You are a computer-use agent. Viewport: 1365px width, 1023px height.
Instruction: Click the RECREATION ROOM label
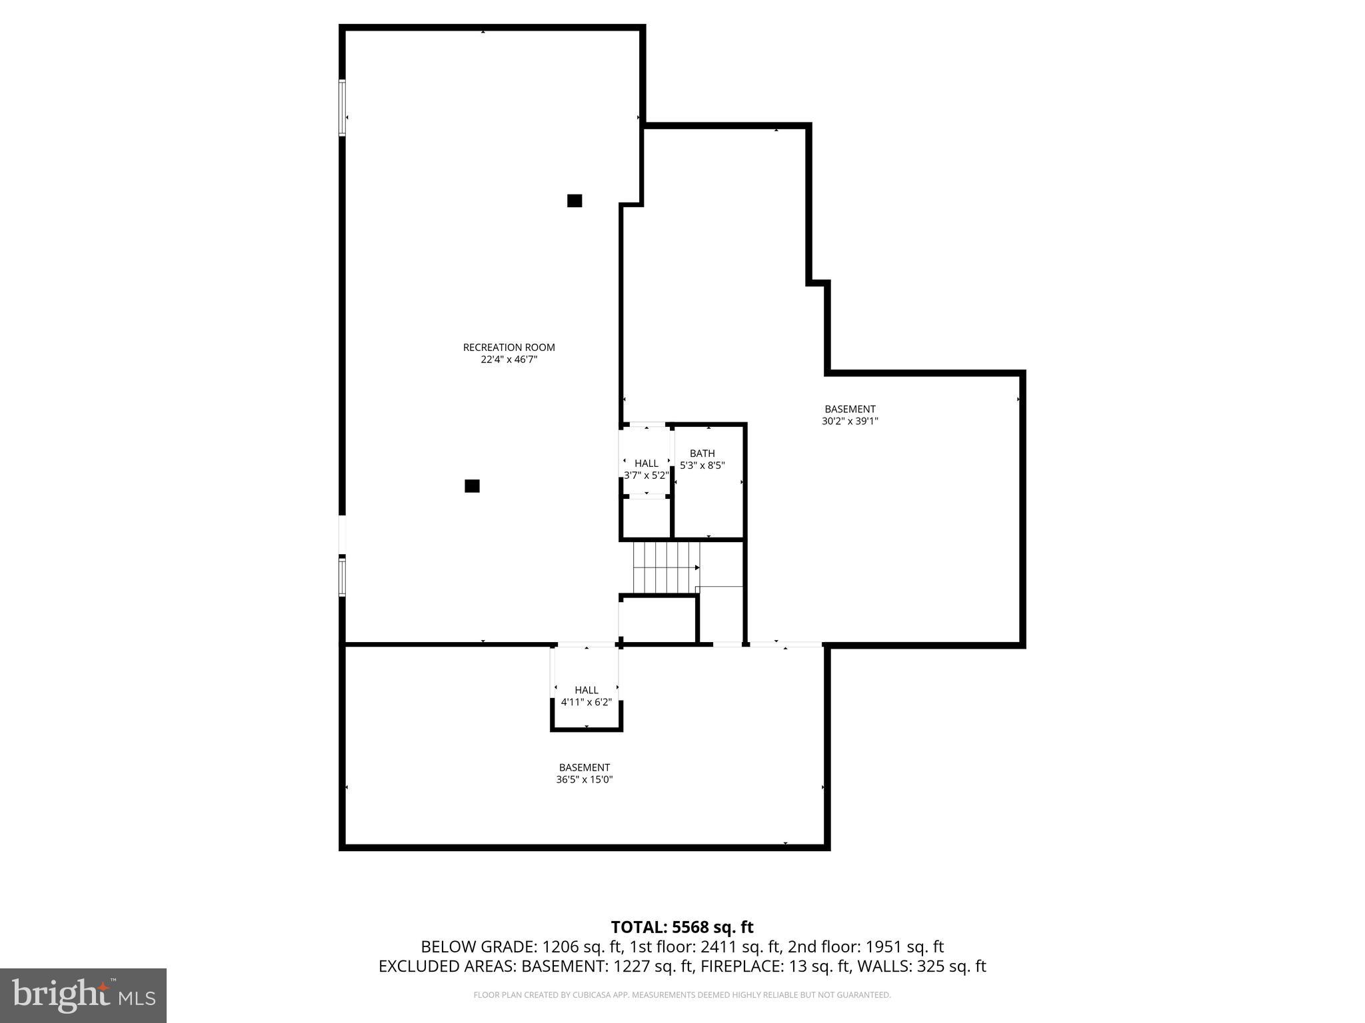[x=509, y=347]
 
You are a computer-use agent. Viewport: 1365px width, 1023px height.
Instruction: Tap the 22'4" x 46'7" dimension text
[x=509, y=360]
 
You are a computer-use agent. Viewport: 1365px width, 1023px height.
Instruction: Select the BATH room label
[x=702, y=454]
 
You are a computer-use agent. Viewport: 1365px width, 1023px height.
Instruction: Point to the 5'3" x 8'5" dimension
[x=702, y=466]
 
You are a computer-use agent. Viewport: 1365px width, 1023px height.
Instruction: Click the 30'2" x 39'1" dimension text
[x=850, y=421]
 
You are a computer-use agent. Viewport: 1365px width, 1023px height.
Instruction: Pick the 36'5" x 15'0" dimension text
[x=584, y=779]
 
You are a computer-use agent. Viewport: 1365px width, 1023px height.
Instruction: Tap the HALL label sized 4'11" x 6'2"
[x=587, y=690]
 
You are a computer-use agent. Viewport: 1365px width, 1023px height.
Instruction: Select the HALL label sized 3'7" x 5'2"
[x=646, y=463]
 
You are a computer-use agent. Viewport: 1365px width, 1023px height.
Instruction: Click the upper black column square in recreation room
[x=575, y=200]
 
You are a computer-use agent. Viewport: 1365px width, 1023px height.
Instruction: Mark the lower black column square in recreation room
[x=472, y=486]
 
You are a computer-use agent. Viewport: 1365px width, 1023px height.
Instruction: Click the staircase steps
[x=665, y=567]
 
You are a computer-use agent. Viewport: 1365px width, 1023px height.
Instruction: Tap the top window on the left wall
[x=343, y=108]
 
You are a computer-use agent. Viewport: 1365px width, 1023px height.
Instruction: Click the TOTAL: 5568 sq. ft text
[x=682, y=927]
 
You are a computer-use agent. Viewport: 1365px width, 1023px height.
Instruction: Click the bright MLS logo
[x=83, y=995]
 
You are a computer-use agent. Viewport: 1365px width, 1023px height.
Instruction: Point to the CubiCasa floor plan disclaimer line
[x=682, y=995]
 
